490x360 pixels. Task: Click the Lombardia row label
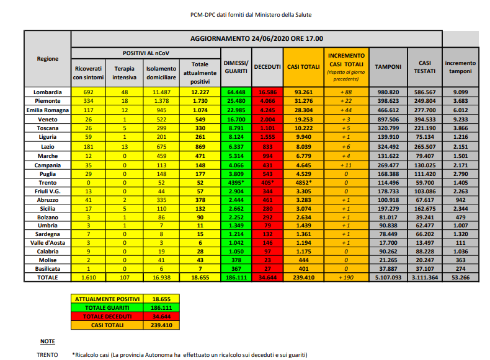47,92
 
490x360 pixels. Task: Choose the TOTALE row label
47,278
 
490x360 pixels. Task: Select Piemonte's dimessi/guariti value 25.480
236,100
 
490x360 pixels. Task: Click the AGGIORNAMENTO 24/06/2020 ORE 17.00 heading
256,38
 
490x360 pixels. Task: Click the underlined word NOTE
47,341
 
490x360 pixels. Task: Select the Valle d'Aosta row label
47,244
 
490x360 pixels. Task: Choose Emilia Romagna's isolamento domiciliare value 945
160,110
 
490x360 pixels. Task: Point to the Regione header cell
47,59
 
